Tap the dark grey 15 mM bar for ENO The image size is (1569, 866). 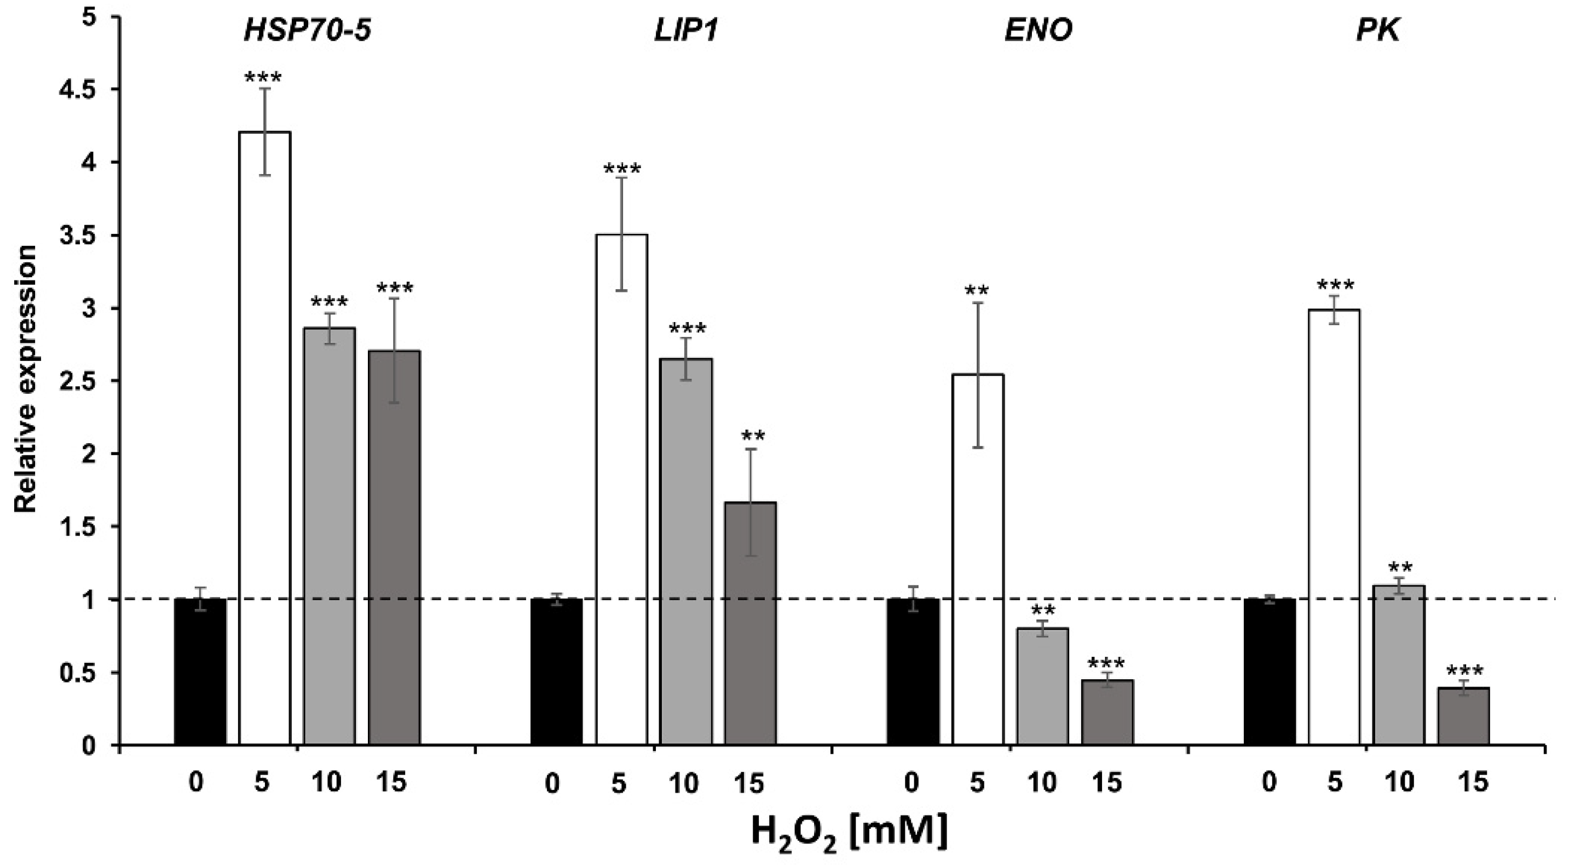click(1107, 713)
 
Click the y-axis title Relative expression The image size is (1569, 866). click(26, 379)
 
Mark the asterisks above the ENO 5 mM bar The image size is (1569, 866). click(977, 291)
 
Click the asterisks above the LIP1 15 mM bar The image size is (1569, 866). click(753, 437)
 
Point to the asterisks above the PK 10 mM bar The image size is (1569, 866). click(1400, 567)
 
